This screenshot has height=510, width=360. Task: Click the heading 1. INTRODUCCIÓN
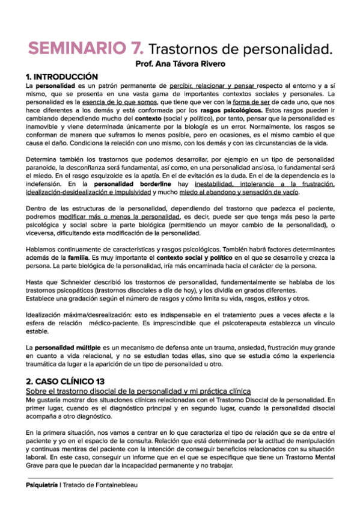[61, 77]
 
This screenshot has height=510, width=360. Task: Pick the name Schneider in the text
[63, 281]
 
